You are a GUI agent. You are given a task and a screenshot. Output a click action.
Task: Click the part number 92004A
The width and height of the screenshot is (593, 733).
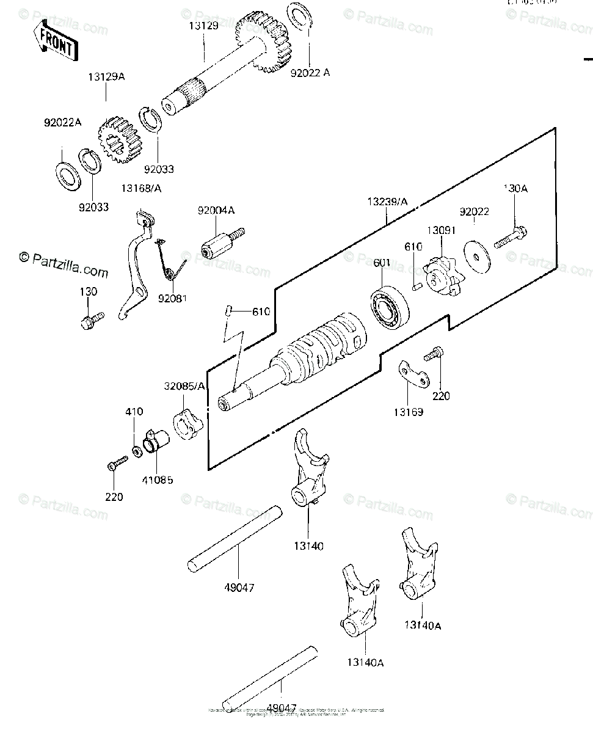[216, 211]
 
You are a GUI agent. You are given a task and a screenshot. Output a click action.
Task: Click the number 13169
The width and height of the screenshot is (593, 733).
[408, 412]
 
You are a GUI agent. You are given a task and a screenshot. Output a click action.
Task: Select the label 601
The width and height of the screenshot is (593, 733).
[382, 263]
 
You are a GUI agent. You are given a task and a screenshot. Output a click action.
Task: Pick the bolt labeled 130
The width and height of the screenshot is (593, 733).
[91, 319]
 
